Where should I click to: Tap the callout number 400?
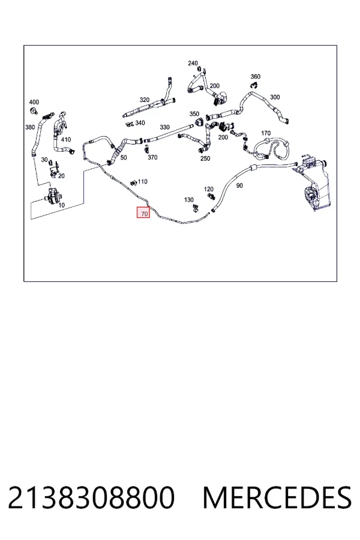[34, 102]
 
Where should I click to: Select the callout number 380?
[30, 127]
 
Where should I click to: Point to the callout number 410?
[66, 139]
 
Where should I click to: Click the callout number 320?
[145, 100]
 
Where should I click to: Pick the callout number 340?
[140, 122]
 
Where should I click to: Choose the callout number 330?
[164, 127]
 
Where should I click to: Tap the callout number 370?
[152, 157]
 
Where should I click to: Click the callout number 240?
[193, 63]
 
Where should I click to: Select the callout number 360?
[255, 76]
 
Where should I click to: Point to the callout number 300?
[275, 97]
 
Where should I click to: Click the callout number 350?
[194, 114]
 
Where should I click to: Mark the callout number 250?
[205, 158]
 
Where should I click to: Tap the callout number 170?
[266, 133]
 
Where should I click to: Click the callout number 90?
[239, 185]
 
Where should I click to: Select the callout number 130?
[189, 200]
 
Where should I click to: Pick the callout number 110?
[142, 181]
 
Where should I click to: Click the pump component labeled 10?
[53, 194]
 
